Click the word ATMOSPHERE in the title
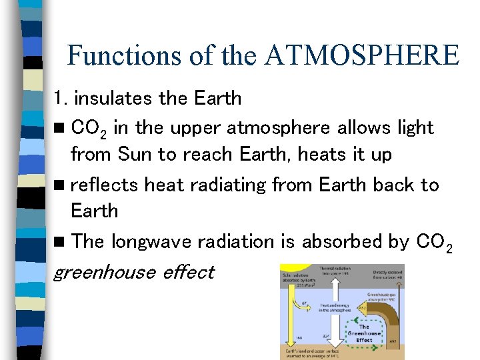pos(361,55)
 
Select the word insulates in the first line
pos(114,99)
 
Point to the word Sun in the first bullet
pos(135,155)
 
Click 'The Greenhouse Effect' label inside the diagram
pos(365,333)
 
